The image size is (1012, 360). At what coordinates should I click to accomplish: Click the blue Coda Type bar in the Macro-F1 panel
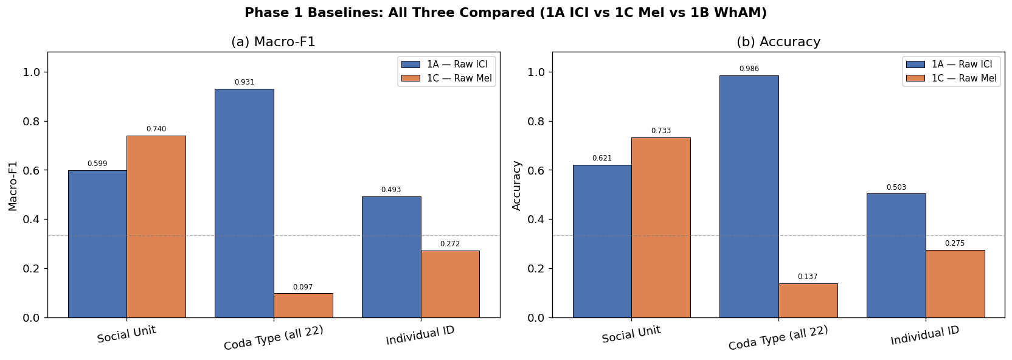pos(244,203)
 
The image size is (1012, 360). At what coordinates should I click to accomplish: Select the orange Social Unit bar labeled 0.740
pos(156,227)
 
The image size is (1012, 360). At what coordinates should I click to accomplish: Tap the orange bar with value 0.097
pos(303,305)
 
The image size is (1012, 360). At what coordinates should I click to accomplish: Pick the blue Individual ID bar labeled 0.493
pos(392,257)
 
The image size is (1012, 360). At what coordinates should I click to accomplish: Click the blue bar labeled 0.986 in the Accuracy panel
pos(749,196)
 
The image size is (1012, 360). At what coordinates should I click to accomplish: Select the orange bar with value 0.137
pos(808,300)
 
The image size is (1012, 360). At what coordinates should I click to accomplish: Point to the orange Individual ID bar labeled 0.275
pos(955,283)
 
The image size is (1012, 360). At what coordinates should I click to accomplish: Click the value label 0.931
pos(244,82)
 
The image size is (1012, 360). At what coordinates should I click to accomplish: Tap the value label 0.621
pos(601,158)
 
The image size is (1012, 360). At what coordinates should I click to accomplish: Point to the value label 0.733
pos(661,131)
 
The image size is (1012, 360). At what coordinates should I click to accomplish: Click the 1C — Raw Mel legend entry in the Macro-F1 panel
pos(446,78)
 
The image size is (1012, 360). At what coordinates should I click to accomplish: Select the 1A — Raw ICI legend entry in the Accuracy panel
pos(951,64)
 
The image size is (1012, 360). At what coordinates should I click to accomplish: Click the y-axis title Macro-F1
pos(13,185)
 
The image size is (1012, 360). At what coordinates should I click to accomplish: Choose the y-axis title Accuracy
pos(517,185)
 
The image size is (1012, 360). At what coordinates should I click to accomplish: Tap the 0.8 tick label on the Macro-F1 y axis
pos(32,122)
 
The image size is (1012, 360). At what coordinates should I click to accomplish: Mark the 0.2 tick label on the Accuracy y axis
pos(536,269)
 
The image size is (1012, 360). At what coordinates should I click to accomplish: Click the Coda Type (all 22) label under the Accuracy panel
pos(778,338)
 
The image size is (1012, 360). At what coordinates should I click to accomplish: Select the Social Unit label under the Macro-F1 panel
pos(127,334)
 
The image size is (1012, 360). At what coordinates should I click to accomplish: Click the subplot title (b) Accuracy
pos(778,41)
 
